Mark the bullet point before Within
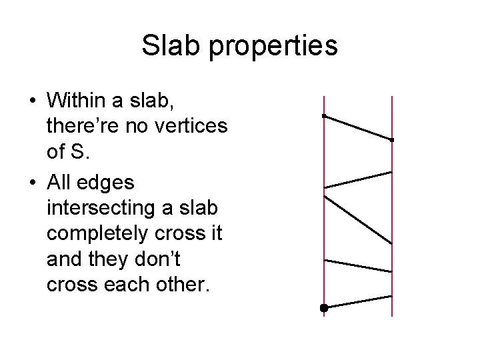(32, 101)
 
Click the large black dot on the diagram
(324, 308)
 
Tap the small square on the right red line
(392, 140)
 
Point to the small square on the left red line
(323, 116)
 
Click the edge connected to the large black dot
(358, 302)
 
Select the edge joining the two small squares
(358, 128)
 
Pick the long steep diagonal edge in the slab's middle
(358, 219)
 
